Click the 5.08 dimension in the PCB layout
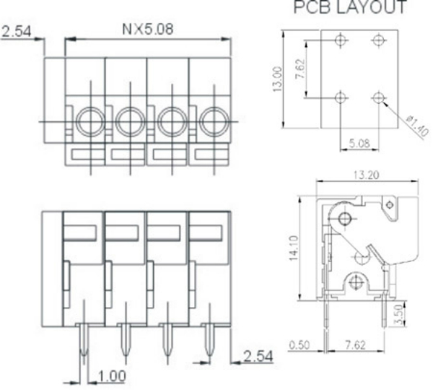[x=358, y=144]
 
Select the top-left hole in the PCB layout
[x=341, y=40]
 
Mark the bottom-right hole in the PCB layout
[x=377, y=96]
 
